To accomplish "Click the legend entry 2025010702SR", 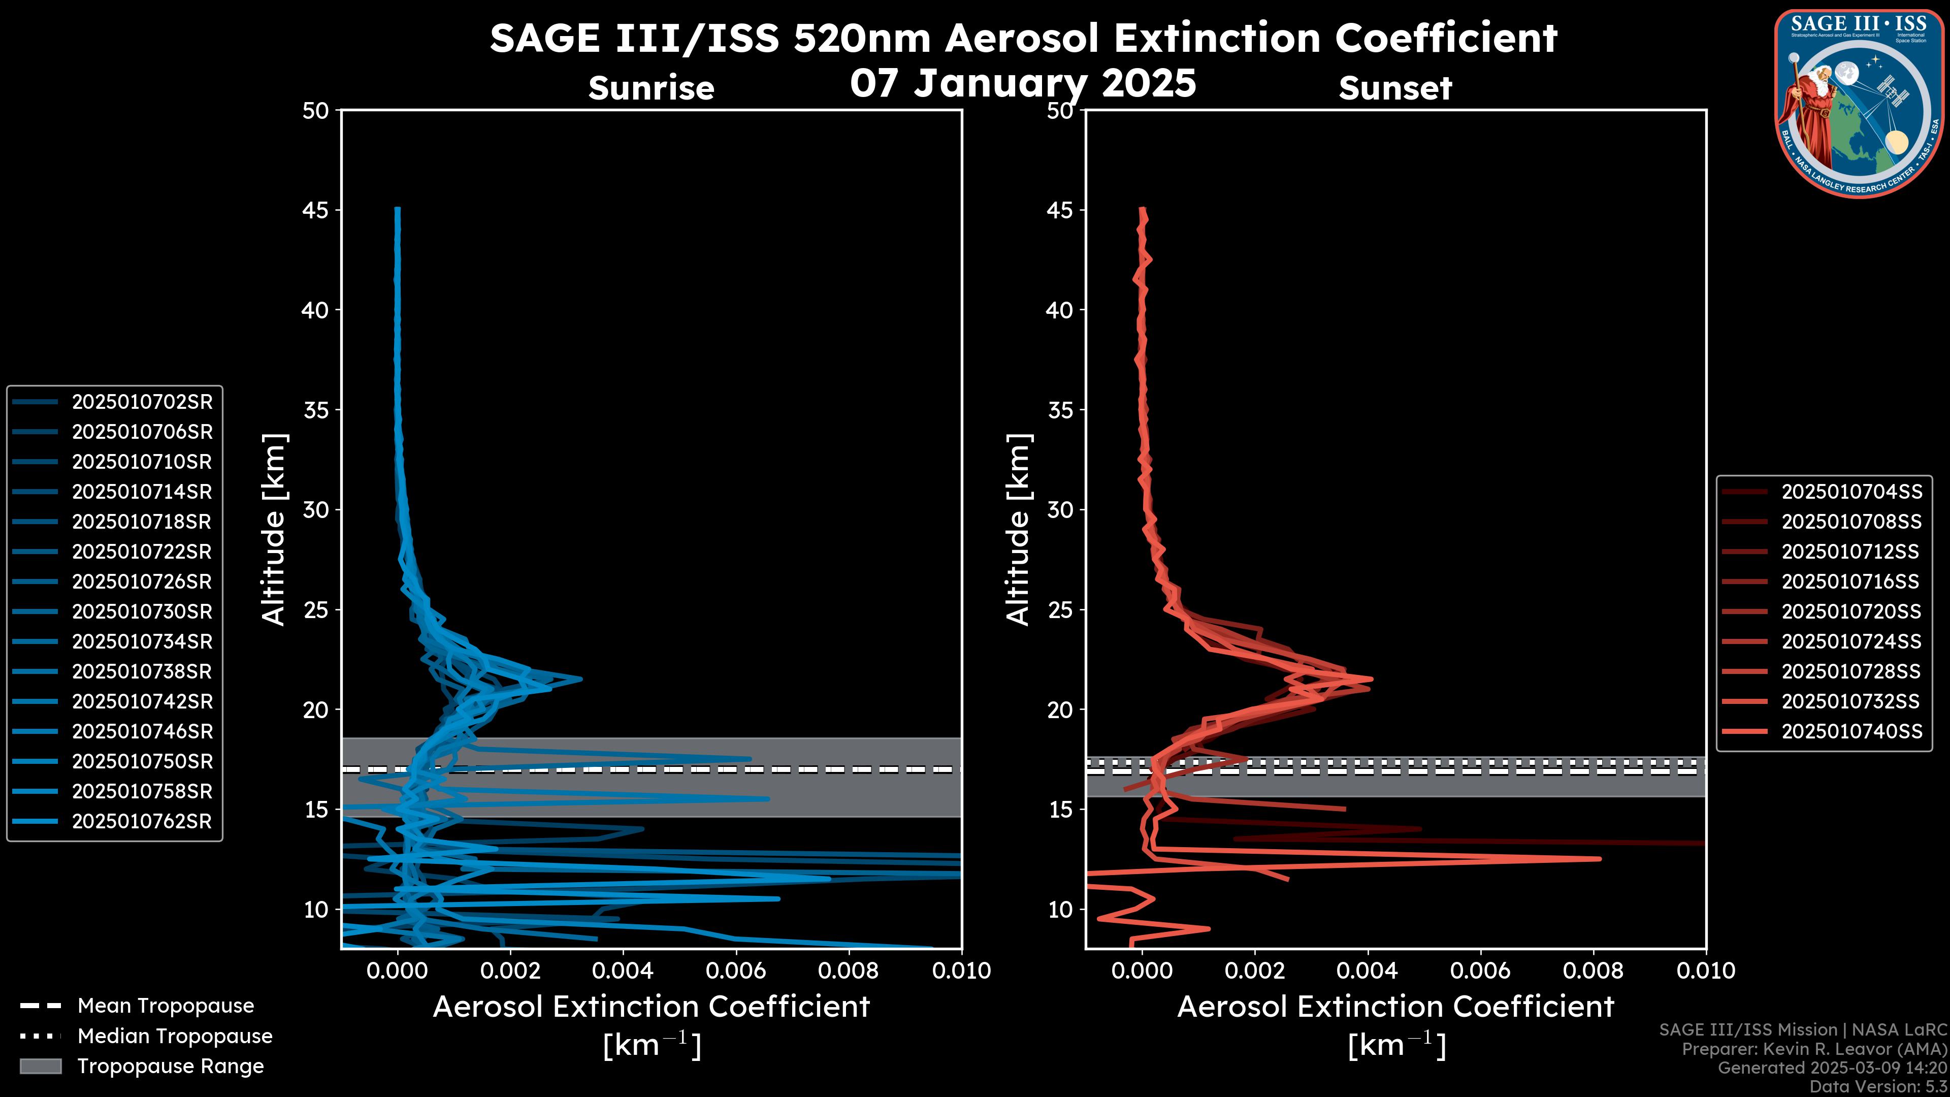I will tap(142, 402).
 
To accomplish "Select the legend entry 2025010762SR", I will tap(142, 821).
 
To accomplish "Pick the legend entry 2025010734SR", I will tap(142, 642).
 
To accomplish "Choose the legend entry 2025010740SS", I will tap(1851, 731).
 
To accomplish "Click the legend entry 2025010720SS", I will tap(1851, 611).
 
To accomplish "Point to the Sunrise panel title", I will tap(651, 88).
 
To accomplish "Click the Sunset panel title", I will tap(1395, 88).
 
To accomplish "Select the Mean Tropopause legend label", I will tap(166, 1006).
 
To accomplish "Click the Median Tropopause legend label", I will tap(175, 1037).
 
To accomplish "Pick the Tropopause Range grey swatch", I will tap(41, 1067).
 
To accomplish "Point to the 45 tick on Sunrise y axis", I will tap(316, 210).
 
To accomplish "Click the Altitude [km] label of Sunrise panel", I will tap(274, 530).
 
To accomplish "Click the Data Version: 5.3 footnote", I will tap(1877, 1087).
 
